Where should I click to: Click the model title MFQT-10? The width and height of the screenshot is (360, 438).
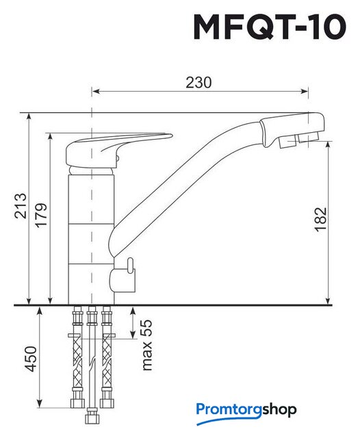[270, 27]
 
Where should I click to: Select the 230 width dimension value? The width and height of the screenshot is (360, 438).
[199, 82]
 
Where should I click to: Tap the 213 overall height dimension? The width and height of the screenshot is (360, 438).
[21, 205]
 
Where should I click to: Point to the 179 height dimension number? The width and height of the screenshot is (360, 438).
[40, 215]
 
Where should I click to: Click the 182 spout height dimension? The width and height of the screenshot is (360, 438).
[320, 219]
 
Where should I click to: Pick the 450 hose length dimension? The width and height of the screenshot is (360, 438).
[31, 359]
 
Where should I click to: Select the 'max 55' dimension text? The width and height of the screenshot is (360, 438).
[146, 345]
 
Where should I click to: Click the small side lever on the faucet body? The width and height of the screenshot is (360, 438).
[130, 266]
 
